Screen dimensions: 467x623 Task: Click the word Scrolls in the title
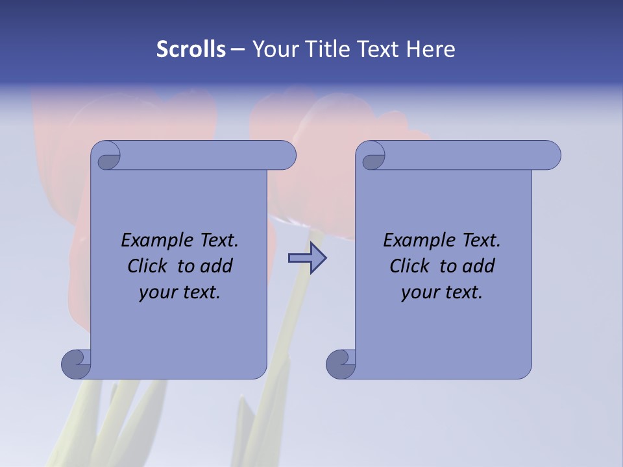point(191,49)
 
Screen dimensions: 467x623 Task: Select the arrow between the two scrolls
point(308,258)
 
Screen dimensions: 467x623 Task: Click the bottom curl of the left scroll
point(76,363)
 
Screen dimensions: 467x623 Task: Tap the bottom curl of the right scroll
point(341,363)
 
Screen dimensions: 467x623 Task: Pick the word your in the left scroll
point(156,293)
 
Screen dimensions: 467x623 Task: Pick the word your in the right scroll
point(418,293)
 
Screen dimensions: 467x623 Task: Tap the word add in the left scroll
point(216,266)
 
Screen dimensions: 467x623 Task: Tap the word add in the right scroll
point(478,266)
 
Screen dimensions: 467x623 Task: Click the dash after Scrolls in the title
point(238,50)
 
